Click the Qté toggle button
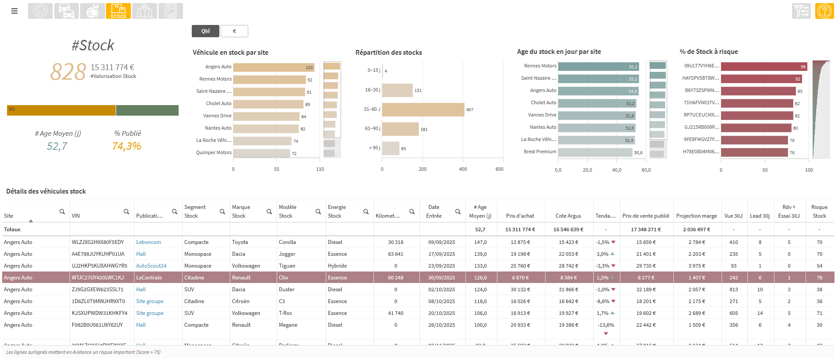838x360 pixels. coord(205,31)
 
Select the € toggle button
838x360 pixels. coord(234,31)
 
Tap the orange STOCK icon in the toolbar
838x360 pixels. coord(118,11)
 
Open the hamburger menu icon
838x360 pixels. coord(14,11)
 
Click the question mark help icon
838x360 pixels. coord(824,11)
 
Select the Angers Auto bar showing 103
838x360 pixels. coord(274,67)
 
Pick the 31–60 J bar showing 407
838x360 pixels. coord(423,109)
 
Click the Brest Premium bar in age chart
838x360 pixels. coord(595,152)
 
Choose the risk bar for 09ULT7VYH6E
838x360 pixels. coord(764,67)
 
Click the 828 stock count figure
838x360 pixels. coord(68,72)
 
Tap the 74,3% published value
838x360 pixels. coord(127,146)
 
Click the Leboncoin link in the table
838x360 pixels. coord(148,242)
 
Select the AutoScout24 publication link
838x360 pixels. coord(151,266)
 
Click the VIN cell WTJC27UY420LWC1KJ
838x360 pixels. coord(98,278)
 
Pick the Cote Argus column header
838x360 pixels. coord(568,216)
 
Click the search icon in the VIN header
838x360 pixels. coord(127,212)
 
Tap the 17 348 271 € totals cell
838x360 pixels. coord(645,229)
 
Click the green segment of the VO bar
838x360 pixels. coord(147,110)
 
